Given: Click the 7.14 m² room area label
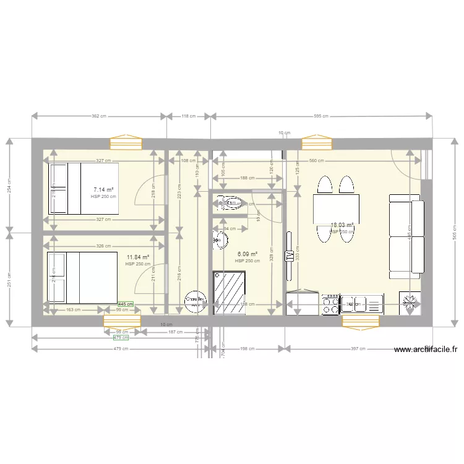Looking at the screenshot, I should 103,190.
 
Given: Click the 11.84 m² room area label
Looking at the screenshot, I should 138,257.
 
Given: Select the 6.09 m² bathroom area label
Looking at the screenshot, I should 247,254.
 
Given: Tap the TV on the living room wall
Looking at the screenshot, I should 289,256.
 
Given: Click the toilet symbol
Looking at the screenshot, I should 230,202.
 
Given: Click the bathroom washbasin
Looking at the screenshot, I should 220,239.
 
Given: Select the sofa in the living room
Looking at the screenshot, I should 406,235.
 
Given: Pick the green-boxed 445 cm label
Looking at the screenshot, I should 126,304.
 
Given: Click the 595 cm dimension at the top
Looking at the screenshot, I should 322,116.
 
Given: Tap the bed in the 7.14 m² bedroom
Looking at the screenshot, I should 83,188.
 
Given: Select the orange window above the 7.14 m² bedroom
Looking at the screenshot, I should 126,144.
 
